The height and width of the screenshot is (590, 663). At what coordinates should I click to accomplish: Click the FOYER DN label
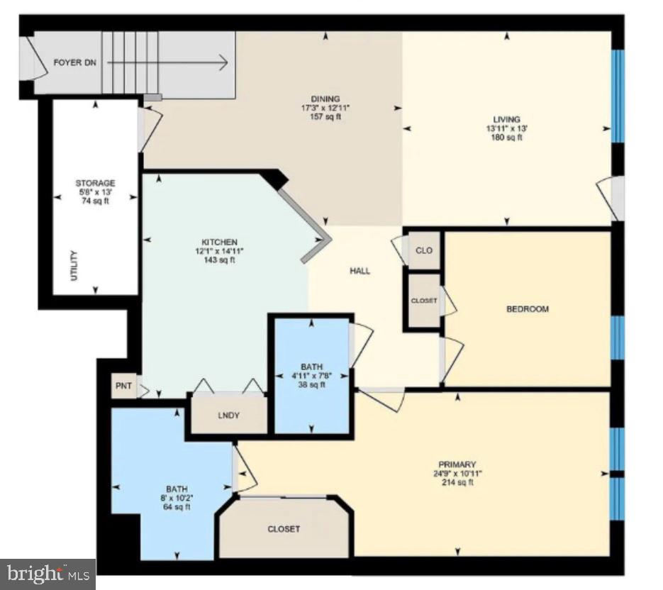coord(75,62)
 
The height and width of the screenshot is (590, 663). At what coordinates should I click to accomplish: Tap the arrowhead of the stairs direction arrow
coord(223,63)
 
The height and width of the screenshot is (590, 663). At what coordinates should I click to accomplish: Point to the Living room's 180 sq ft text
coord(506,138)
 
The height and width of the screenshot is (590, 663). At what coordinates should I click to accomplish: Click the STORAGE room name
coord(95,183)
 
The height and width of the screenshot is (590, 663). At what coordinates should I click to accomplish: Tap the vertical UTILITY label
coord(74,266)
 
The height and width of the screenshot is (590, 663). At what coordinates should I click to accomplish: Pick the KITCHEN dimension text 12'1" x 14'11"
coord(219,251)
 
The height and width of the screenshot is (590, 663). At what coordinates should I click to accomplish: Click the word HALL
coord(360,271)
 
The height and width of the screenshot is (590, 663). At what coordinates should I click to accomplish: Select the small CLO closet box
coord(424,250)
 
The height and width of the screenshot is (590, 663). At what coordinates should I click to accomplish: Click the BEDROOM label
coord(528,309)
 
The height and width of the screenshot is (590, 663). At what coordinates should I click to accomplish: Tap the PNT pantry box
coord(124,386)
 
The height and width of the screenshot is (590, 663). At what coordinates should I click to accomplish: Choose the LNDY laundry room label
coord(229,416)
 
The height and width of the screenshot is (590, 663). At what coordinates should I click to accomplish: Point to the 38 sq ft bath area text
coord(311,384)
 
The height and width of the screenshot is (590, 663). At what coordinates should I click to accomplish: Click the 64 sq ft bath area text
coord(177,506)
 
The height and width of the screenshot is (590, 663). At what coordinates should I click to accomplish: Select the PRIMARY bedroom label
coord(457,464)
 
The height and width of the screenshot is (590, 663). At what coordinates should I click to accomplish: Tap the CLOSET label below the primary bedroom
coord(284,529)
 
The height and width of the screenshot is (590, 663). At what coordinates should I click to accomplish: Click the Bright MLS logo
coord(48,574)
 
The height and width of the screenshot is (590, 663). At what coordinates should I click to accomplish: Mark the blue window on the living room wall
coord(618,96)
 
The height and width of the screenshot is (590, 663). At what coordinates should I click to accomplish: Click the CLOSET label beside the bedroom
coord(424,301)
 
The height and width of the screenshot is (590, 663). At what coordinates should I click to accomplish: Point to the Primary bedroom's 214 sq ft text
coord(457,482)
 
